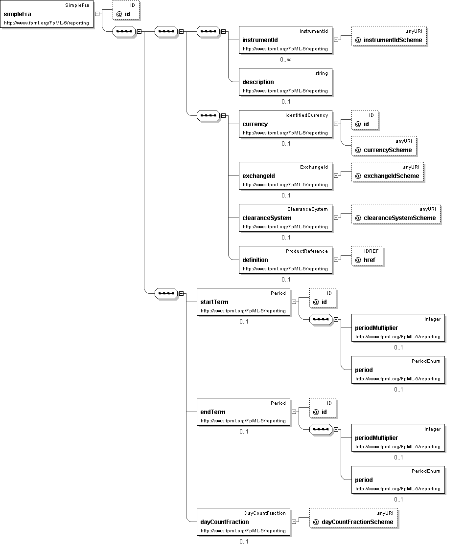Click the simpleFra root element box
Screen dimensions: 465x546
(47, 14)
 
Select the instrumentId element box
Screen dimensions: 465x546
(285, 40)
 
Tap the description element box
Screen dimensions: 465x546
(285, 82)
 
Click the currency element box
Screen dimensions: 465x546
(285, 124)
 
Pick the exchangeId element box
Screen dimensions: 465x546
(285, 176)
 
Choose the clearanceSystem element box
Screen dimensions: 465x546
(285, 218)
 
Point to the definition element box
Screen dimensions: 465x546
(285, 260)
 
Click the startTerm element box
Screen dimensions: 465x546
(243, 302)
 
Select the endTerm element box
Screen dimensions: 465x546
(243, 412)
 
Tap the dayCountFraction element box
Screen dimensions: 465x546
(243, 522)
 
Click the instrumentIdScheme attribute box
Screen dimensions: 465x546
(389, 36)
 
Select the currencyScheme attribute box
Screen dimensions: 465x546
(384, 146)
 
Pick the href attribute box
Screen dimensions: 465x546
(368, 256)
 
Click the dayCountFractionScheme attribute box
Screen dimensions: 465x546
(353, 518)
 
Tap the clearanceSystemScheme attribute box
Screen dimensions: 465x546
(396, 214)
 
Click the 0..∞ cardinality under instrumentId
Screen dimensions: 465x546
(285, 60)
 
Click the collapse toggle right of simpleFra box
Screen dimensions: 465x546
(97, 14)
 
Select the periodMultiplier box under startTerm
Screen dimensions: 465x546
(398, 328)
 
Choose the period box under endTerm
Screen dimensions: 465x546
(398, 480)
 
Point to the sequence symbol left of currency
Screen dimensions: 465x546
(209, 115)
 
